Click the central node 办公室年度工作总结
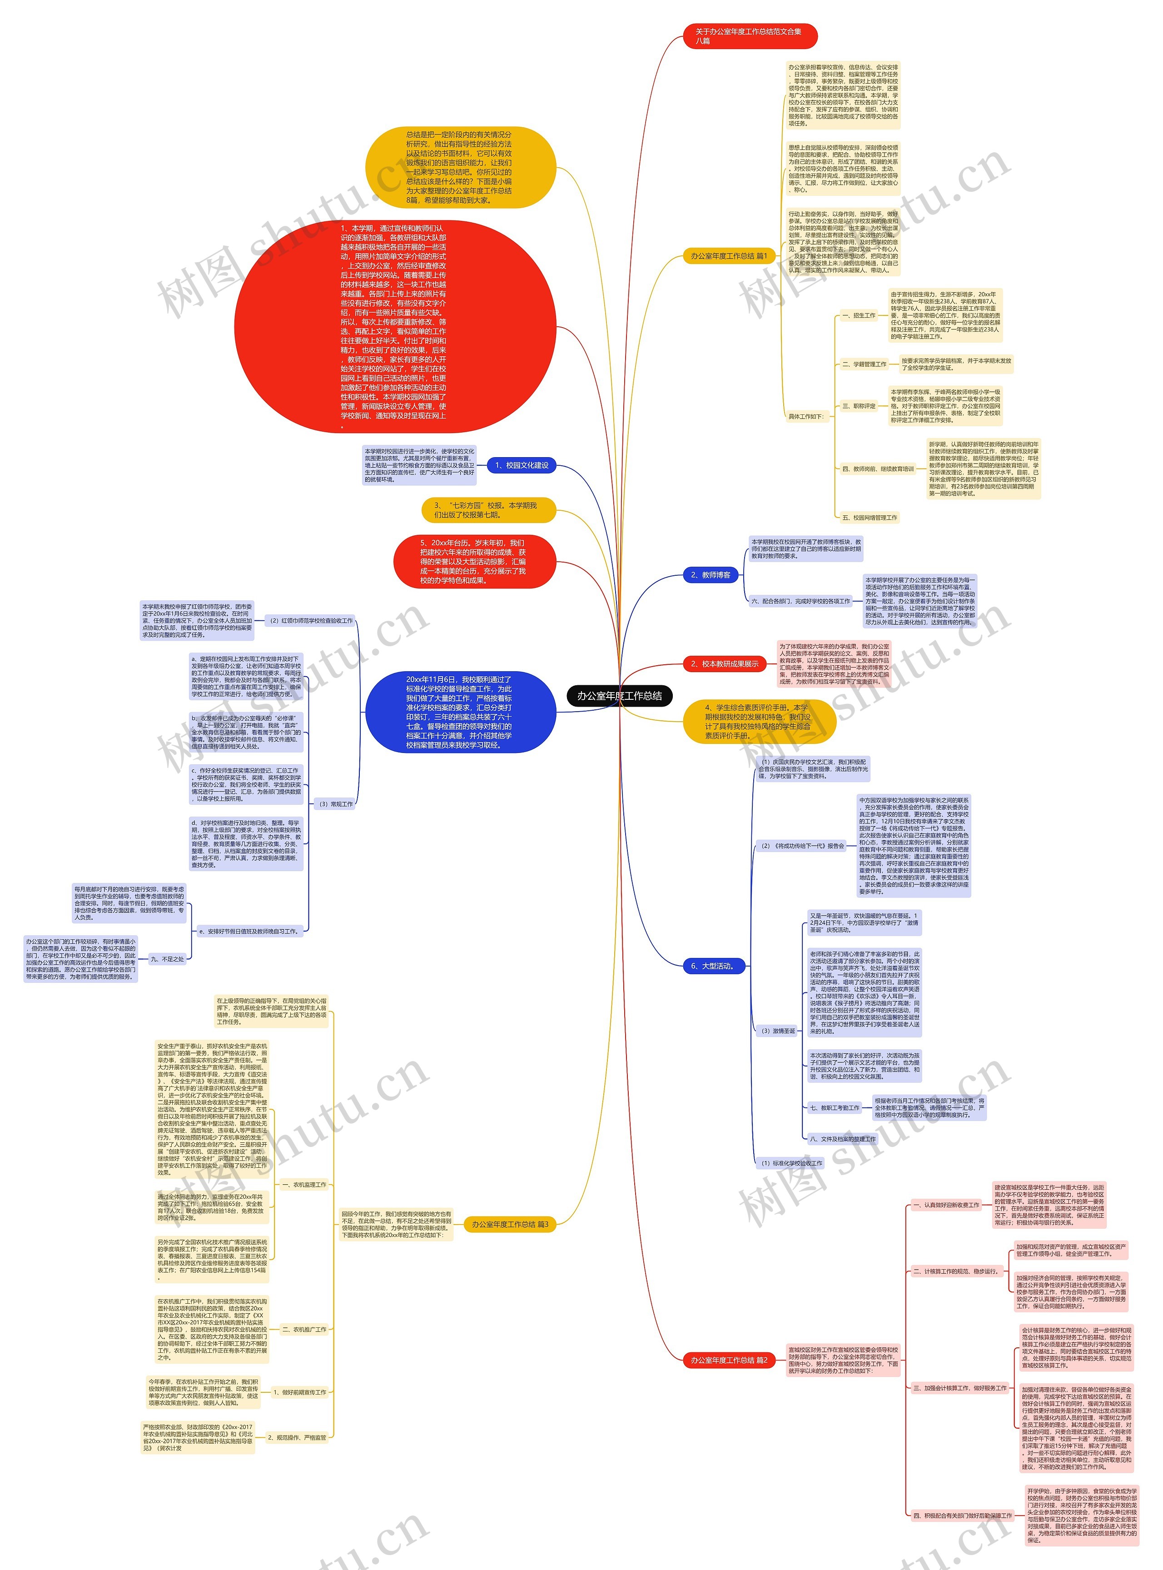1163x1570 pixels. tap(620, 696)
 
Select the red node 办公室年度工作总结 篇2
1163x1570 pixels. tap(729, 1360)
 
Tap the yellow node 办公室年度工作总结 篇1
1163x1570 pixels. tap(729, 256)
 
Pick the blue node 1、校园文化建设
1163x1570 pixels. tap(522, 465)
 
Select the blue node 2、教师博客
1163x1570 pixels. tap(711, 575)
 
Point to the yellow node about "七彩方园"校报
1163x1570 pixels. tap(488, 510)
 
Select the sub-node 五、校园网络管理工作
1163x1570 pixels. tap(870, 518)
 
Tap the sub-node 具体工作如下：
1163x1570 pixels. tap(806, 416)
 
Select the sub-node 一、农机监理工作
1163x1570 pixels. tap(304, 1184)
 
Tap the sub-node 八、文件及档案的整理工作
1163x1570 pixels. tap(843, 1138)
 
